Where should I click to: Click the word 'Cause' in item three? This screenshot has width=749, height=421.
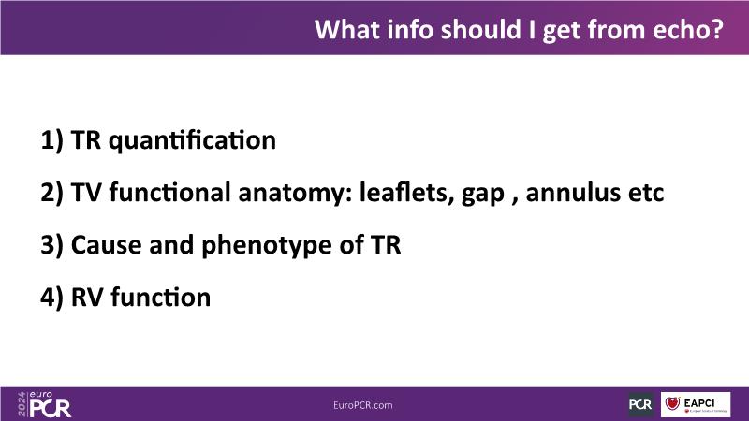(106, 245)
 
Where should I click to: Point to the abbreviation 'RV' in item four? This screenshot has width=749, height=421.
(87, 298)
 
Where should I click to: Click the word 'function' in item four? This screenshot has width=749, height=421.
(160, 297)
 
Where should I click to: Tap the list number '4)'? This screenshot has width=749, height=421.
(51, 298)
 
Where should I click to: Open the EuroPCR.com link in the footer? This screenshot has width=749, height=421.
(363, 405)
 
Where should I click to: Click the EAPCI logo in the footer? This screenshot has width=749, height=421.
(696, 404)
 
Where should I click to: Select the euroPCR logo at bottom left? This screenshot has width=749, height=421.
(44, 404)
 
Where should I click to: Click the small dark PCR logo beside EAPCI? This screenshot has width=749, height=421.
(640, 404)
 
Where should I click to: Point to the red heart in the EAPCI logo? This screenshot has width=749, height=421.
(672, 403)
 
